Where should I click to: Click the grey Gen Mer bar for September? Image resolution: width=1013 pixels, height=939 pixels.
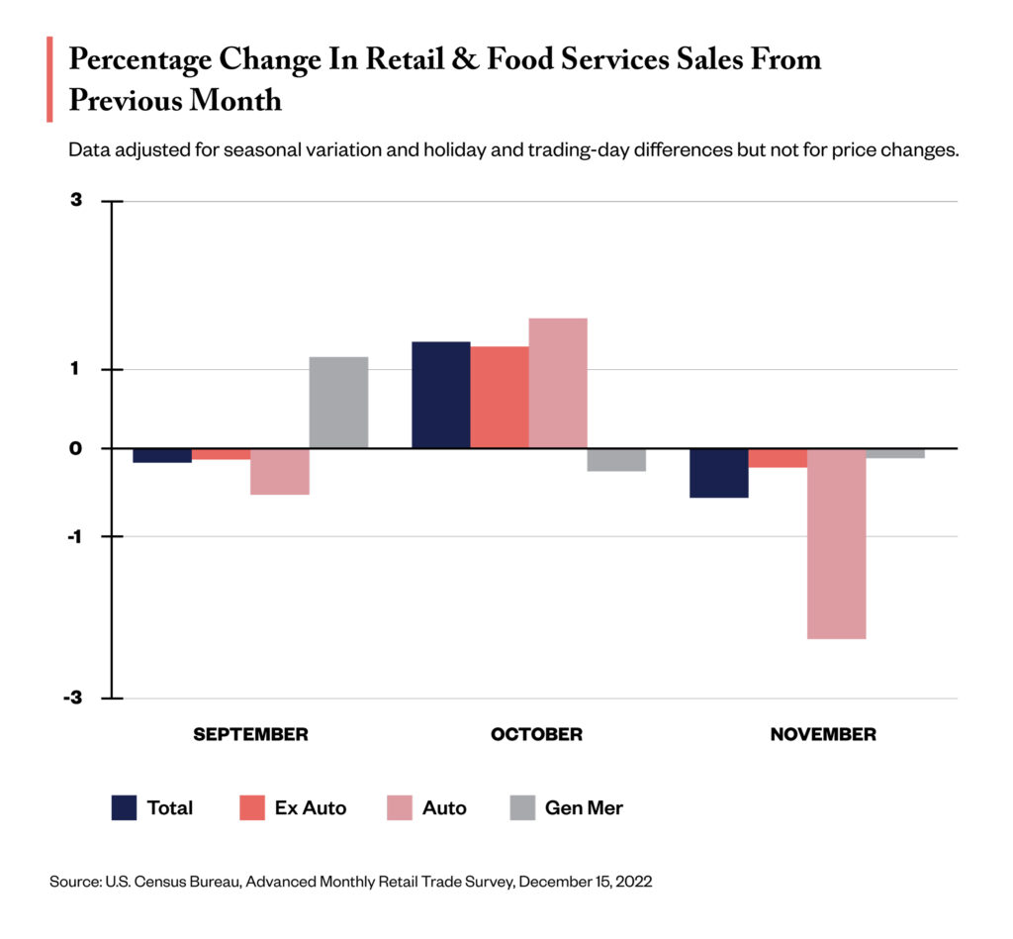(338, 402)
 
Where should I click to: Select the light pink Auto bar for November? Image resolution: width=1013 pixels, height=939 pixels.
(836, 543)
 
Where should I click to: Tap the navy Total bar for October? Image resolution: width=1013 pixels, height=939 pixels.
(440, 395)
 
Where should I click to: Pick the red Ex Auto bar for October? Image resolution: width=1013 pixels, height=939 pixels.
(499, 397)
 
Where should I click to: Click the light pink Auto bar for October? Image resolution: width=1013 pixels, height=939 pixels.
(558, 383)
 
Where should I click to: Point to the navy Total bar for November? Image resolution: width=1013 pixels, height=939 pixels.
(718, 473)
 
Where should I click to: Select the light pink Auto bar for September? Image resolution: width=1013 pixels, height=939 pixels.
(279, 471)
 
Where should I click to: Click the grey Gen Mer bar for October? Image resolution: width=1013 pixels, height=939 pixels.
(616, 460)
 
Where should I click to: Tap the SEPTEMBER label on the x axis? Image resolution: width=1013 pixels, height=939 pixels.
(250, 734)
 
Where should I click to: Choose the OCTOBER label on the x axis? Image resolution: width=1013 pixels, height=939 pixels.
(536, 734)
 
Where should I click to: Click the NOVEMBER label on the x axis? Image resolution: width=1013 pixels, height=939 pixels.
(823, 734)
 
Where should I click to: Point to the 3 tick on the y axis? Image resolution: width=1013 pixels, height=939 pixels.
(77, 201)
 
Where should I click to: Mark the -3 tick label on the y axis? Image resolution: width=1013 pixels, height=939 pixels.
(74, 699)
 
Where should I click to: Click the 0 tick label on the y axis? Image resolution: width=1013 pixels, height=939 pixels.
(76, 448)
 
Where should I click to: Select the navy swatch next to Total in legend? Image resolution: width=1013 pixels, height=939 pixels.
(124, 807)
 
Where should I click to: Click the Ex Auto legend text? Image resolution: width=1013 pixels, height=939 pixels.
(311, 807)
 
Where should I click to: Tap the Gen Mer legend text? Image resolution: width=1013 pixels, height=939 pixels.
(584, 807)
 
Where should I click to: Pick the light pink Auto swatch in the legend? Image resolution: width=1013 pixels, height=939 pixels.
(398, 807)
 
